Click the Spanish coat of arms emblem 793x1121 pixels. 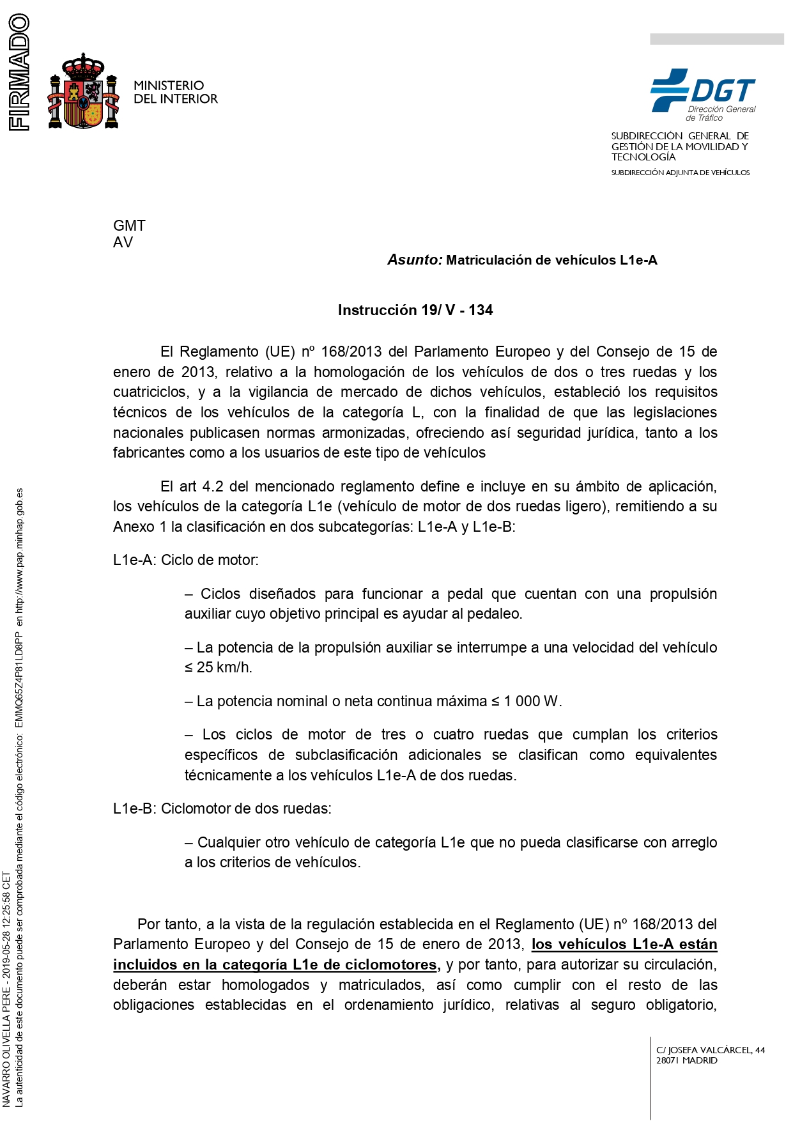point(84,91)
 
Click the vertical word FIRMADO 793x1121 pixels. point(19,72)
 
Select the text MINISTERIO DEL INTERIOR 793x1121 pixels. point(175,92)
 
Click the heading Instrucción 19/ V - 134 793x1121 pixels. point(415,310)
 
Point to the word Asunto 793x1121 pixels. point(415,259)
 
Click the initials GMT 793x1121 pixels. point(129,226)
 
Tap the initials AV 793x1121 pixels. point(123,242)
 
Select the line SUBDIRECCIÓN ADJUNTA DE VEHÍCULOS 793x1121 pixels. point(681,173)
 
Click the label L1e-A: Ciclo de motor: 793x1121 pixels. point(186,560)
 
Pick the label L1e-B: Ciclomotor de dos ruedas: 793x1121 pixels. point(222,808)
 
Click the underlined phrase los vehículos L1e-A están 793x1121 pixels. point(624,944)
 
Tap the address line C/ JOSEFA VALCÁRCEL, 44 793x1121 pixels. point(711,1050)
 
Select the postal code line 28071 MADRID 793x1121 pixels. point(686,1060)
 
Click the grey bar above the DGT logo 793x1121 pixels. point(716,39)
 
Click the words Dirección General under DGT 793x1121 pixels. point(722,109)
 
